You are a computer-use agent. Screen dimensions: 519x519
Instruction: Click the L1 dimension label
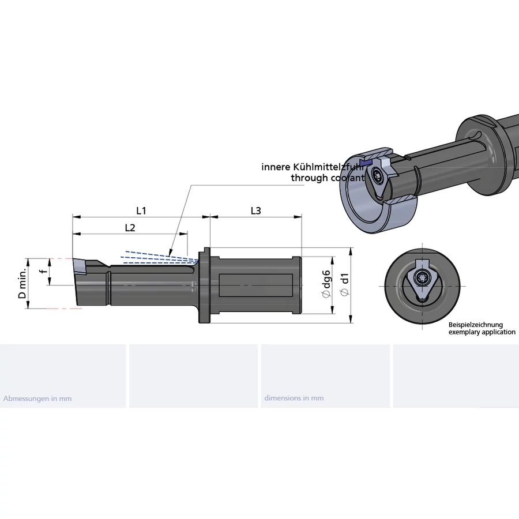(141, 210)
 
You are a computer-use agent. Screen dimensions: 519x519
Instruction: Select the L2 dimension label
(130, 228)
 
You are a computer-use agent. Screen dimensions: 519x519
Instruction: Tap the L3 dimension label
(255, 210)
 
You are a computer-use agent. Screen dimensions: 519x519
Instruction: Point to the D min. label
(22, 283)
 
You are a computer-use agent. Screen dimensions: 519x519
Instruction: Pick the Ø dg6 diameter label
(326, 283)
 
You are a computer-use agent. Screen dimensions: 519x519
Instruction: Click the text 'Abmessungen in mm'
(37, 398)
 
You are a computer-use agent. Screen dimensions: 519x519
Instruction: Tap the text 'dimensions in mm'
(294, 398)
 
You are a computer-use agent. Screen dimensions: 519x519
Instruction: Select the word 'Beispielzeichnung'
(476, 325)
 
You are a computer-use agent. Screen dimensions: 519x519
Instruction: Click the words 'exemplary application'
(482, 332)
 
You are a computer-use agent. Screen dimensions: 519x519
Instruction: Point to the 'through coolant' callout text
(328, 178)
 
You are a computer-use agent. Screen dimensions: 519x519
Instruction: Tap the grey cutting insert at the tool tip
(79, 267)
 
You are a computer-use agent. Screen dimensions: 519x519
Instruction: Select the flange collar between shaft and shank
(204, 285)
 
